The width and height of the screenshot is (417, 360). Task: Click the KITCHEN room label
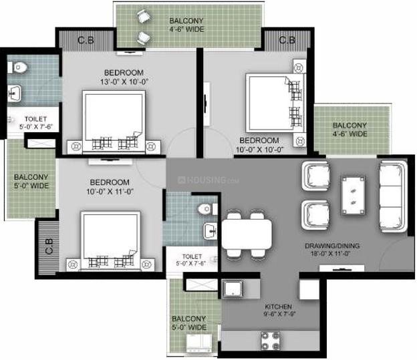click(278, 307)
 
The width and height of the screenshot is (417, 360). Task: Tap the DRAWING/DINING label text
click(332, 246)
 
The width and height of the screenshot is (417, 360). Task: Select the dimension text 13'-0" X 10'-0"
click(124, 82)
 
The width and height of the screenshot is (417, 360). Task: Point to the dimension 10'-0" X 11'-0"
click(110, 192)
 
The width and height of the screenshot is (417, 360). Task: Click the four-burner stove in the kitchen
click(270, 341)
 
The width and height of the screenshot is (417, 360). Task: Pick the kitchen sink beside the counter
click(233, 289)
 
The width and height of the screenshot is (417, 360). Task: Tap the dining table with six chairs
click(247, 234)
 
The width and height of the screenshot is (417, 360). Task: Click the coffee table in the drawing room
click(354, 195)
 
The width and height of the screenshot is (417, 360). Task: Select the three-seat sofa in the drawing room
click(393, 196)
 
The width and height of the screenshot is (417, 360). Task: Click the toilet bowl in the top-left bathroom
click(18, 67)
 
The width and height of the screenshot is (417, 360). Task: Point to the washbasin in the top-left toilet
click(14, 93)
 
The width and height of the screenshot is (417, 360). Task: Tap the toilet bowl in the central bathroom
click(207, 209)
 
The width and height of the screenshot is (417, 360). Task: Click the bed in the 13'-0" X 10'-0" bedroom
click(114, 122)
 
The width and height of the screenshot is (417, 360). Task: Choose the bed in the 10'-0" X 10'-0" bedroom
click(275, 103)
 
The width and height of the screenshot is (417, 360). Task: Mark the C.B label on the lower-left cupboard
click(49, 246)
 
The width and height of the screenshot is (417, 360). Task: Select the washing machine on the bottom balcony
click(199, 343)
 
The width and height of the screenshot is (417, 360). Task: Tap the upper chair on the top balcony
click(144, 17)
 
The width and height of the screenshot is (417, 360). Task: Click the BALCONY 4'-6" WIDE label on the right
click(350, 130)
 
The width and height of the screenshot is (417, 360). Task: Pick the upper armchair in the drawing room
click(315, 176)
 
